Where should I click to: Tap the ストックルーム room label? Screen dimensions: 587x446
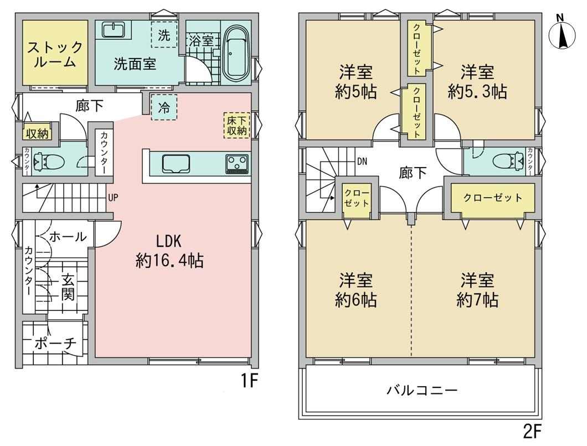tap(55, 55)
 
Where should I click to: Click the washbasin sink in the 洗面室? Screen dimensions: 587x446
tap(113, 29)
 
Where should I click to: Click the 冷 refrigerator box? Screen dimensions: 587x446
tap(163, 108)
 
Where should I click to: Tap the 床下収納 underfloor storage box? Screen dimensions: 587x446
tap(236, 125)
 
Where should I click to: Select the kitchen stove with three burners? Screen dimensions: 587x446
tap(236, 164)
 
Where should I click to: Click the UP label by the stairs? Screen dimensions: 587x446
tap(113, 197)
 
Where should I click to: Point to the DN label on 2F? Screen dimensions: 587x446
tap(362, 162)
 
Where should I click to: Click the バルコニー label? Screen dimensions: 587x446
tap(422, 391)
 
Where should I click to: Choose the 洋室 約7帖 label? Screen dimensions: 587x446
tap(477, 290)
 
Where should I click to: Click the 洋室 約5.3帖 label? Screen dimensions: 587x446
tap(477, 81)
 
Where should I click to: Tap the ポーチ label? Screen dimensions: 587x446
tap(55, 343)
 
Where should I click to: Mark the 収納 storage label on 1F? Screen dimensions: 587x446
tap(38, 133)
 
